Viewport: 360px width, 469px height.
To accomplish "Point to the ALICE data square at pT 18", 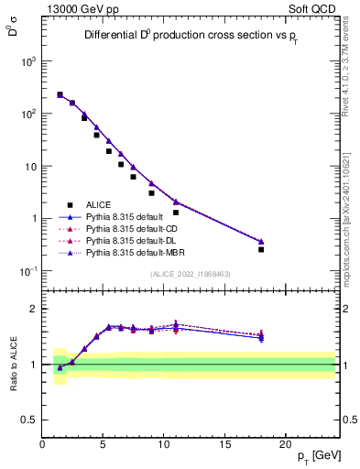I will pos(261,249).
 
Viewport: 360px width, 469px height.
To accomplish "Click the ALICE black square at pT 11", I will pos(176,213).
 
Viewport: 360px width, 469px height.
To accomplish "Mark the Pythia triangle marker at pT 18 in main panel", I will pos(261,242).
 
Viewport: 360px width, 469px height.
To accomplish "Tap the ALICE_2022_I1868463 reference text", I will pos(189,274).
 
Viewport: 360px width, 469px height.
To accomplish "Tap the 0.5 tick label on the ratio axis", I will pos(29,420).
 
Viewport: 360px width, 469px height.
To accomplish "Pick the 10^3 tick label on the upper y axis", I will pos(27,61).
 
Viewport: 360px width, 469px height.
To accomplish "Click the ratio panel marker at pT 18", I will pos(261,336).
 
